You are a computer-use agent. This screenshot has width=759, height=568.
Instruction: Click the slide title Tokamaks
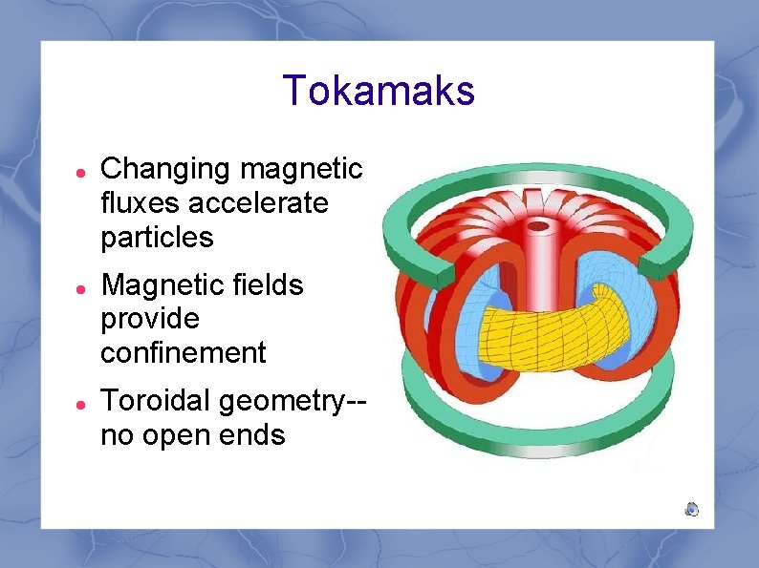click(379, 92)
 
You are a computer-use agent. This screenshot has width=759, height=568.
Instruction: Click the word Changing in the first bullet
click(167, 170)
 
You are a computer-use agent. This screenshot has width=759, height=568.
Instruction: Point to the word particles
click(157, 238)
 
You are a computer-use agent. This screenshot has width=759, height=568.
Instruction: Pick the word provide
click(150, 319)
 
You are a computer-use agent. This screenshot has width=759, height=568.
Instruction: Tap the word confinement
click(184, 353)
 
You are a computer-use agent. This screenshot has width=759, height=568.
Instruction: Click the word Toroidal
click(156, 401)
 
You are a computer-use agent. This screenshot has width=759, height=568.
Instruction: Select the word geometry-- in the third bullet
click(293, 402)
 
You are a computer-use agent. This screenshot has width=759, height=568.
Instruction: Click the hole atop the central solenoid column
click(537, 227)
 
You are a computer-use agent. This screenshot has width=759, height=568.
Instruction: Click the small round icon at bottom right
click(691, 509)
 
